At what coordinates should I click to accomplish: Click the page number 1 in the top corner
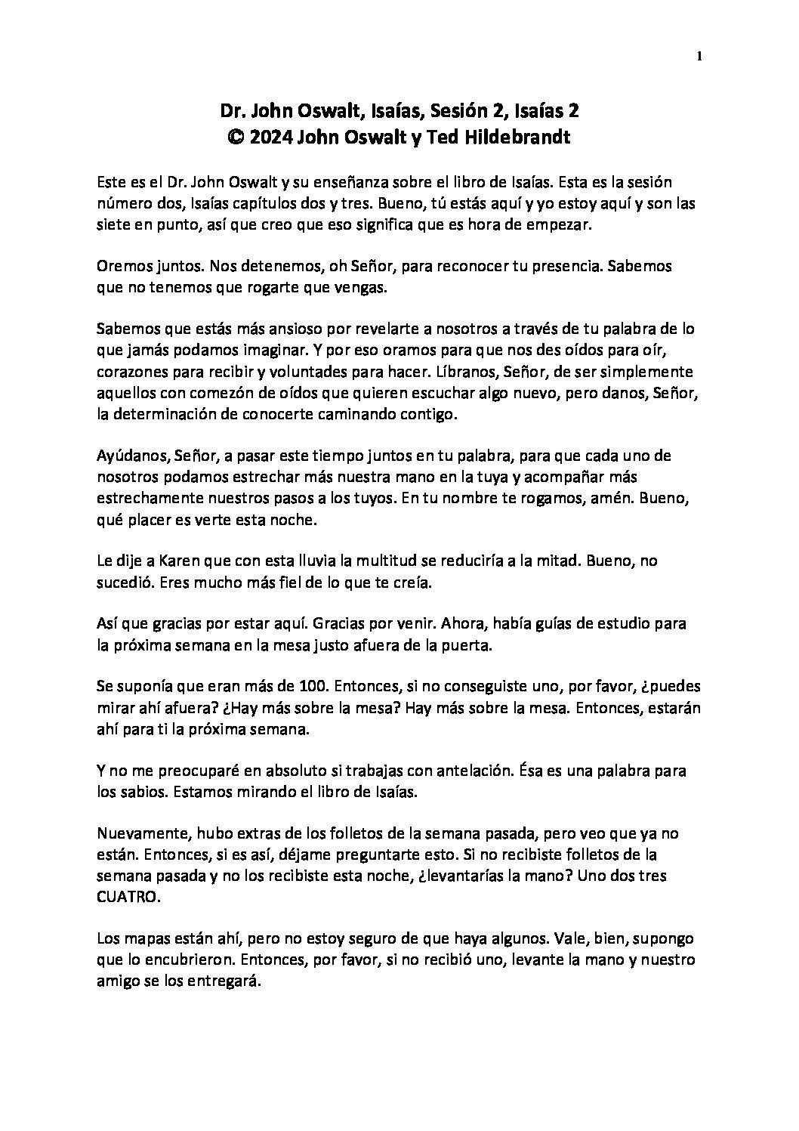[x=700, y=56]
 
